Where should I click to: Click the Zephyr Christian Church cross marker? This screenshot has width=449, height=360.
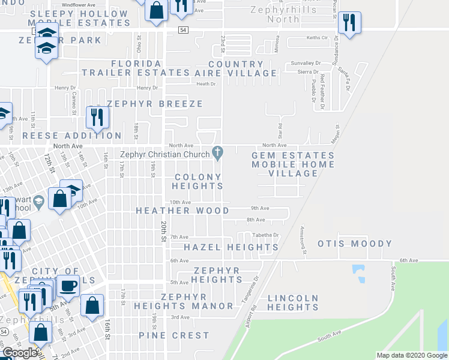pos(217,153)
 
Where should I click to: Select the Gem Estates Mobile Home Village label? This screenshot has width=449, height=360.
pos(292,164)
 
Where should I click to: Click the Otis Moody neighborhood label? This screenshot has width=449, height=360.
pos(355,244)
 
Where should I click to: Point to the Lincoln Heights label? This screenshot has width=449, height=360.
pos(293,302)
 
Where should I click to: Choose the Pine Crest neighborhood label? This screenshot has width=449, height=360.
pos(174,335)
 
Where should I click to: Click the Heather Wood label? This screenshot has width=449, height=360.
pos(182,211)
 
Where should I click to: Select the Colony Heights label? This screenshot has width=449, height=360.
pos(199,181)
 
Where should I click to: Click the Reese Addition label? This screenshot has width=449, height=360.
pos(72,136)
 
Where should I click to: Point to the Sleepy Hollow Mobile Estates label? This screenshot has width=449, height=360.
pos(80,18)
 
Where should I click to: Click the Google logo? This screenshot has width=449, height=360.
pos(20,353)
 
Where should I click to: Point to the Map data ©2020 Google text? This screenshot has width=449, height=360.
pos(411,355)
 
